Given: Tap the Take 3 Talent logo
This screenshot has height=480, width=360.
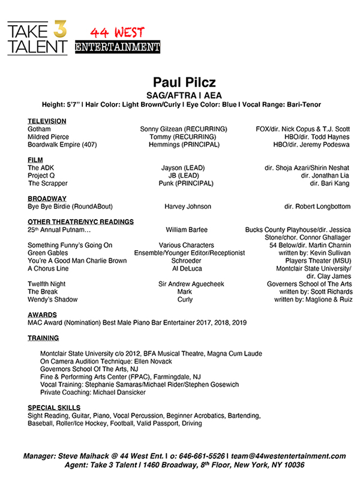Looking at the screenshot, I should point(37,38).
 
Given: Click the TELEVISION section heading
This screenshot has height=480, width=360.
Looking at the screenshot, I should point(47,121).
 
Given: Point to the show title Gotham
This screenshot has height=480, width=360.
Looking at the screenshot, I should point(39,129).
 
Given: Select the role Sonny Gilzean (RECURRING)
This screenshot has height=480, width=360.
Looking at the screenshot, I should point(184,129).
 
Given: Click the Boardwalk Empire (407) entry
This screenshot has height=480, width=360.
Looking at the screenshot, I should point(62,145).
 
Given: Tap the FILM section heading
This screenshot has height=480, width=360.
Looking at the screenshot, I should point(35,160).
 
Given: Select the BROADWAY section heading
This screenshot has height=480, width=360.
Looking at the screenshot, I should point(47,199).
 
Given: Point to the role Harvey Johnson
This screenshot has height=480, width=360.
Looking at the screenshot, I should point(187,206).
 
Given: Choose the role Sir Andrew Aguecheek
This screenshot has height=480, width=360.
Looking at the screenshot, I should point(188,284).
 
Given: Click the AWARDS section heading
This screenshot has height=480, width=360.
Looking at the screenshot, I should point(42,314).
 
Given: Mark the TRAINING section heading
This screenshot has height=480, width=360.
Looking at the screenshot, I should point(43,338).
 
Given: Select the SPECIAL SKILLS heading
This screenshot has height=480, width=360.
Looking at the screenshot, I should point(54,408).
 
